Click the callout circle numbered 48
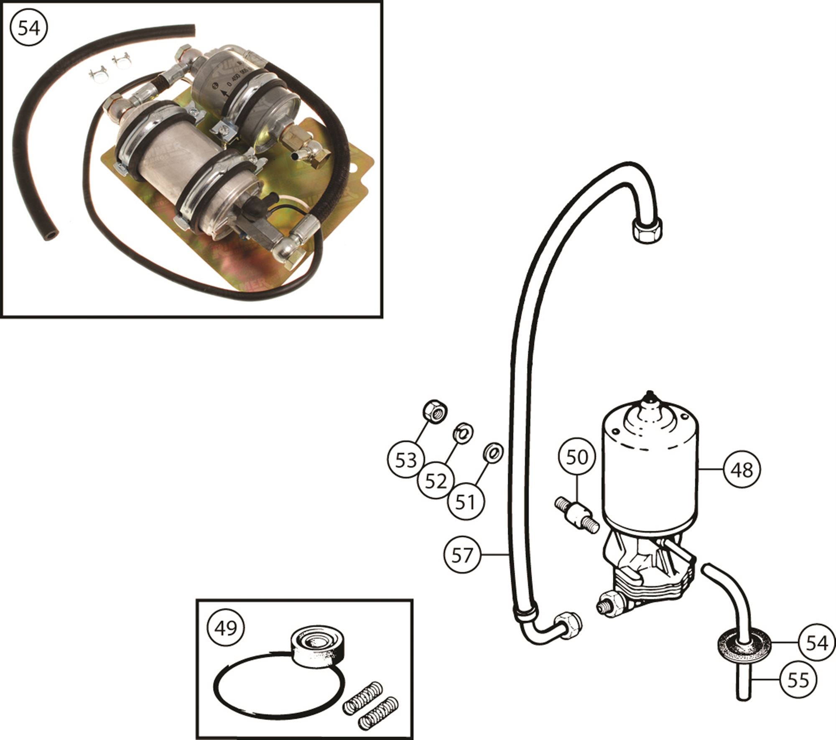pos(742,470)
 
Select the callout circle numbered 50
pos(577,457)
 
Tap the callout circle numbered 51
pos(466,501)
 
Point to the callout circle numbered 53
pos(406,460)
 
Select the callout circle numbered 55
pos(798,680)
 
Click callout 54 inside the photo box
pos(29,29)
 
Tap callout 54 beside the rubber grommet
pos(816,643)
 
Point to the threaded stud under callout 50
pos(577,515)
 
